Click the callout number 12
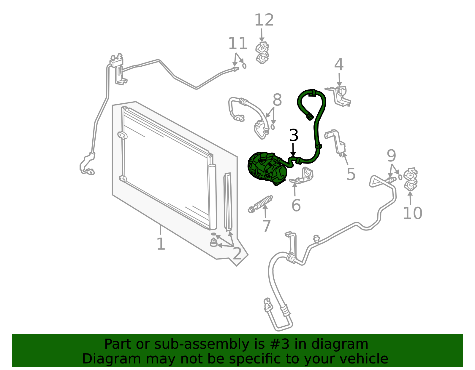tap(264, 20)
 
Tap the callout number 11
tap(237, 43)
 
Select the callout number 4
tap(339, 65)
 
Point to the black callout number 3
tap(294, 135)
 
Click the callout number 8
tap(277, 100)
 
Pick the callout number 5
tap(351, 174)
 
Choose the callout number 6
tap(296, 205)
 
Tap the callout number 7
tap(266, 226)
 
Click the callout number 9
tap(391, 156)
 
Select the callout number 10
tap(412, 213)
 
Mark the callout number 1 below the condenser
tap(161, 244)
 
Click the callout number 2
tap(237, 254)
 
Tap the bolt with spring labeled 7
tap(260, 204)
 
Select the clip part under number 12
tap(262, 53)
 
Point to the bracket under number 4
tap(339, 96)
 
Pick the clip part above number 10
tap(411, 179)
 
